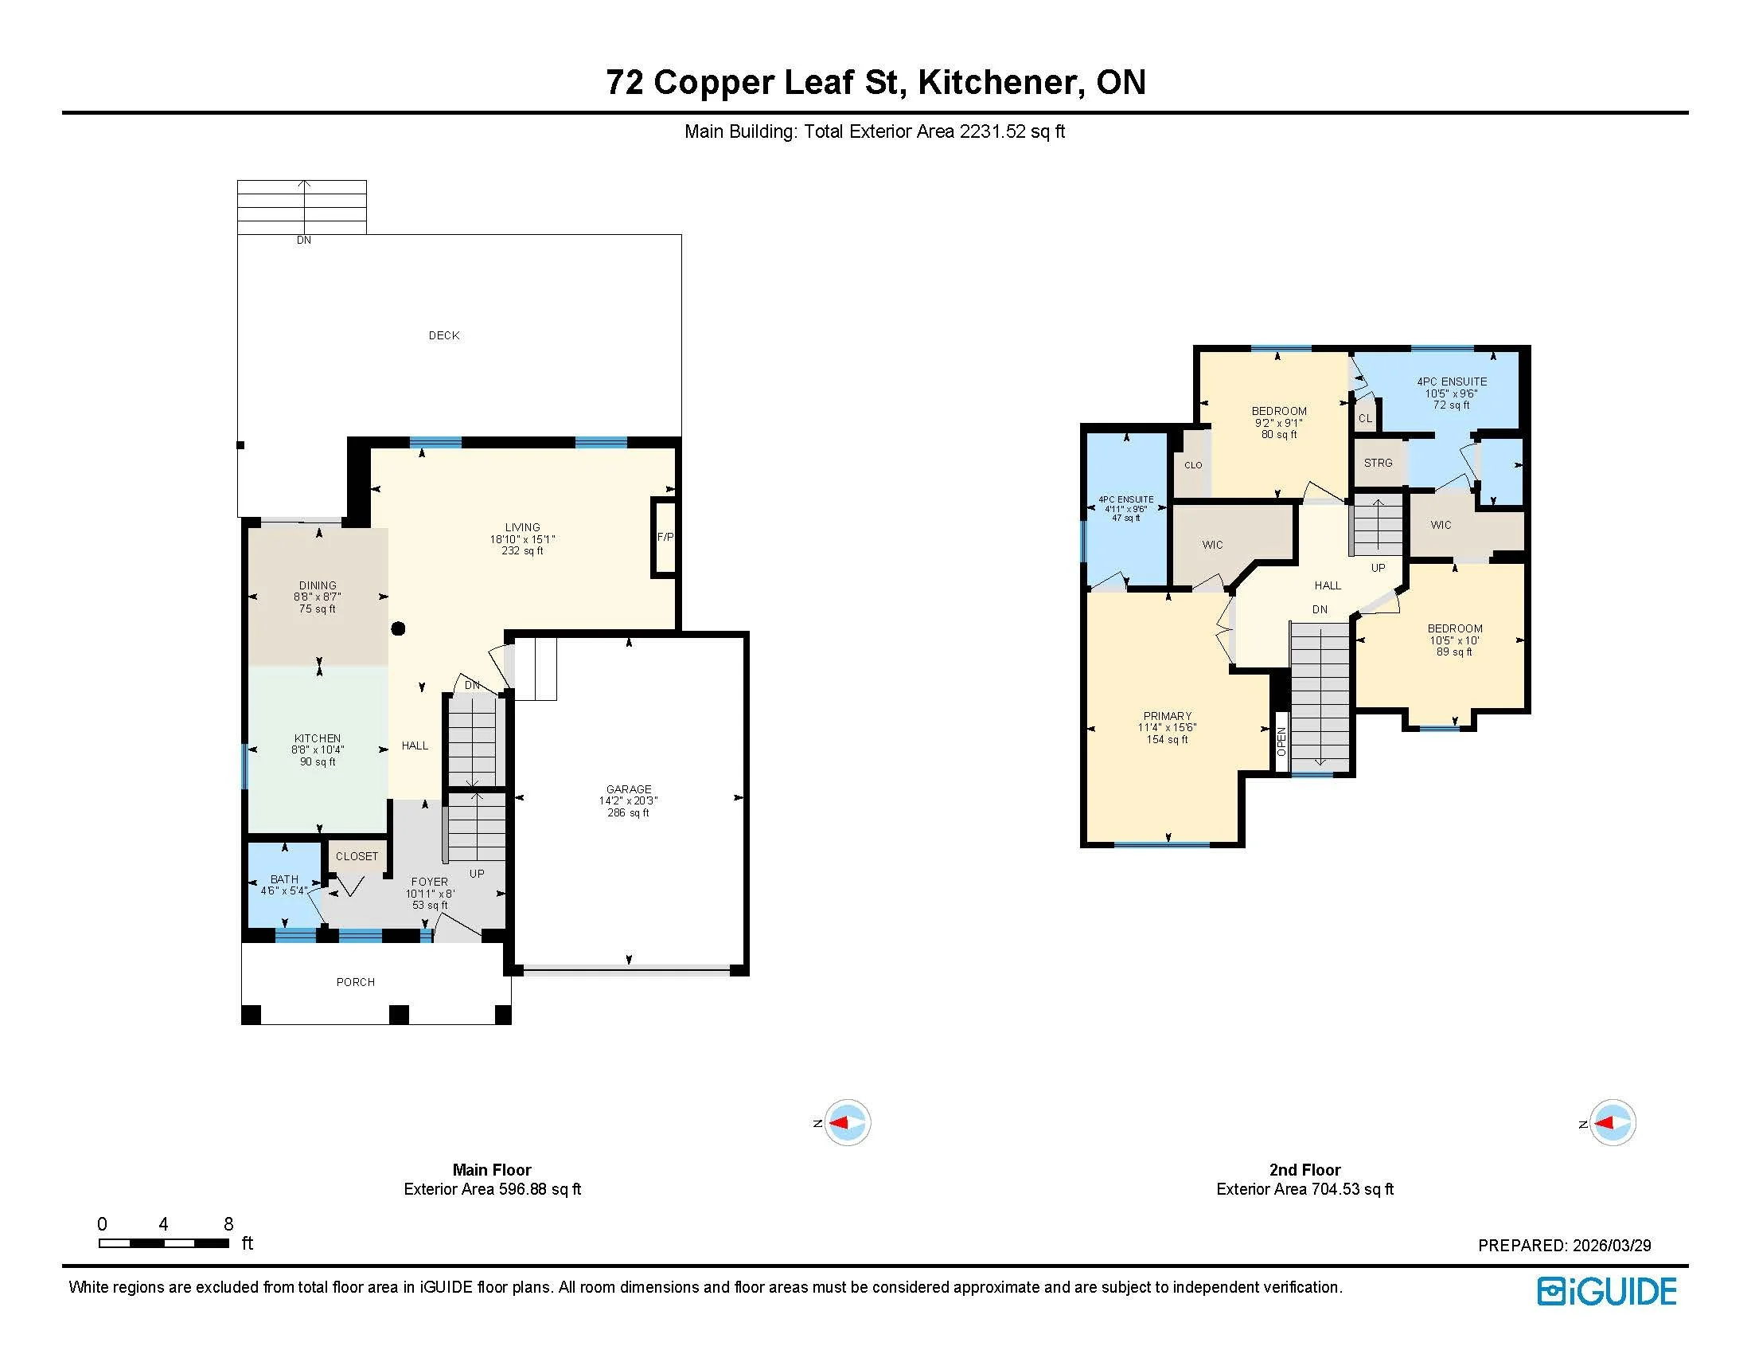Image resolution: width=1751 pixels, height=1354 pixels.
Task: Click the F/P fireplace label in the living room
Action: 665,537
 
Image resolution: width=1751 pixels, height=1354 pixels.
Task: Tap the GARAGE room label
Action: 629,789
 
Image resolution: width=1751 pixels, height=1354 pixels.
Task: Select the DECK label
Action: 444,335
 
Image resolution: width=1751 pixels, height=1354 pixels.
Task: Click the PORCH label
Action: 355,982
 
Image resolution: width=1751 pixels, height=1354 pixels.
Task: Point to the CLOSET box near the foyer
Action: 357,856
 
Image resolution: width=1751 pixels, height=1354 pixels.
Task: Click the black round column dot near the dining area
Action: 398,629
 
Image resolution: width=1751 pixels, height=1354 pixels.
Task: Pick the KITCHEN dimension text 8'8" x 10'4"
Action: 318,750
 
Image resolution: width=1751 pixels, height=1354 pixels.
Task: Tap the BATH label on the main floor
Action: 284,879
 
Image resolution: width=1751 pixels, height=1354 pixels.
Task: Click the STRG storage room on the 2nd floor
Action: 1379,463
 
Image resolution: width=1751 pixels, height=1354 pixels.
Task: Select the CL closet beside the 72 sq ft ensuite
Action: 1364,419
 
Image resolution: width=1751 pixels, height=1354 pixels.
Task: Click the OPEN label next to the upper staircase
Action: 1281,742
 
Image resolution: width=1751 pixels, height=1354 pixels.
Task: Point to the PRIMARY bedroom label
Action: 1167,715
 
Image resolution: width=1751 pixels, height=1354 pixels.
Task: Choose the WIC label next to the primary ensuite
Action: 1212,545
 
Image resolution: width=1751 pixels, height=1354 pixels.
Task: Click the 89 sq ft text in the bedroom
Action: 1454,652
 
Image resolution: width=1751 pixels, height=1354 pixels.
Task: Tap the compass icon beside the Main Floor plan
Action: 847,1122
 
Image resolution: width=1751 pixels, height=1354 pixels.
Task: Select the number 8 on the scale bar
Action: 228,1223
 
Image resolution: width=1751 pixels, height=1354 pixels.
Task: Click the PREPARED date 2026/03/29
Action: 1611,1245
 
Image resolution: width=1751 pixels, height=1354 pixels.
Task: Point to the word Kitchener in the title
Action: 1000,83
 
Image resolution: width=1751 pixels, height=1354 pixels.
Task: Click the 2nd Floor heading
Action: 1304,1169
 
